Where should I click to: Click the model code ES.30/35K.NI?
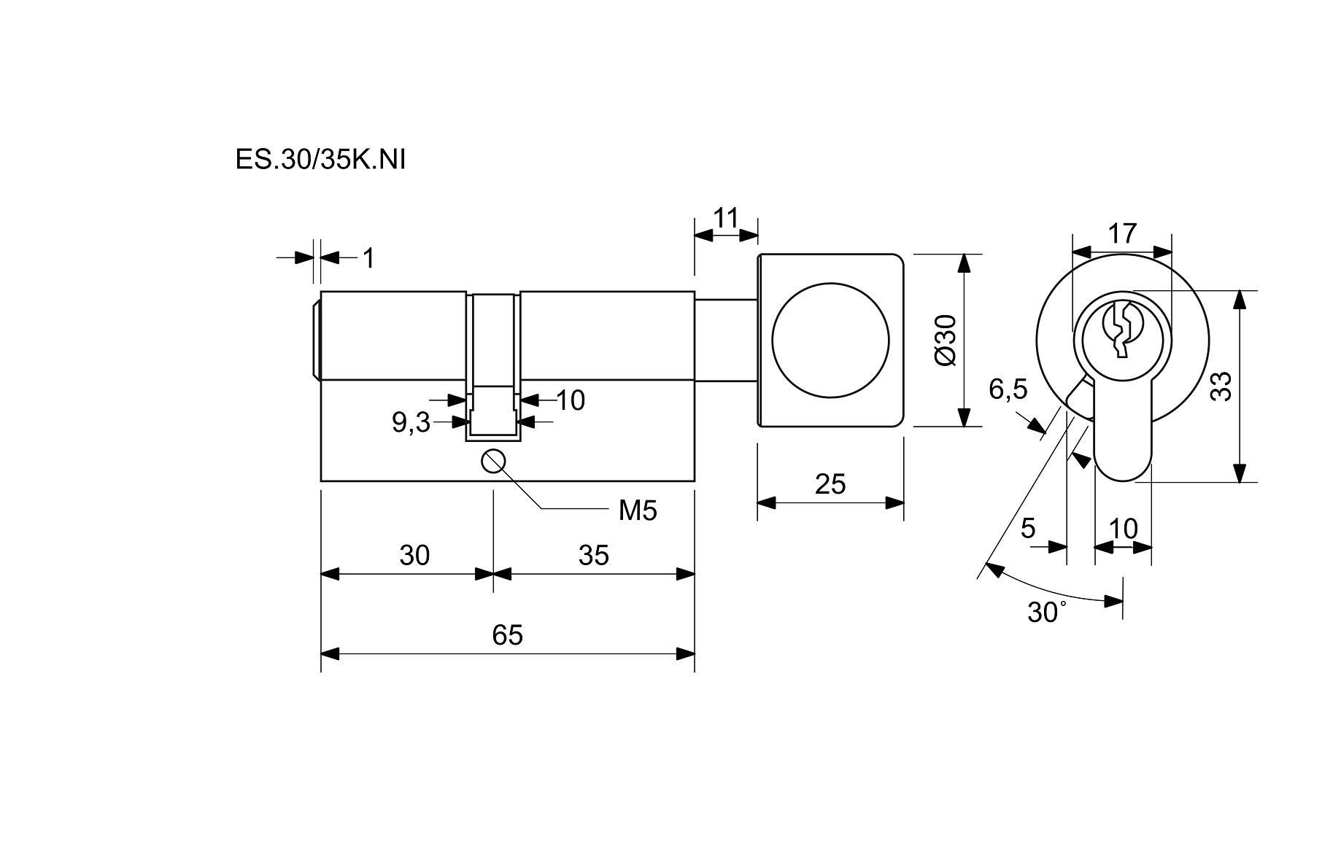[320, 160]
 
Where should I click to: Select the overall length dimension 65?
[507, 635]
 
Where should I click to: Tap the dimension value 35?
[593, 556]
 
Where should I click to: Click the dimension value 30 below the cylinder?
[414, 556]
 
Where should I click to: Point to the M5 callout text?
[637, 511]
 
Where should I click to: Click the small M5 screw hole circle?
[494, 462]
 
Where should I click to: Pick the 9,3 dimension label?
[411, 422]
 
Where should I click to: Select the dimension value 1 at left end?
[368, 257]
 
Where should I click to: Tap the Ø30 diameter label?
[945, 341]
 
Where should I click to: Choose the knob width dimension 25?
[830, 484]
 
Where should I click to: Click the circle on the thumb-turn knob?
[830, 341]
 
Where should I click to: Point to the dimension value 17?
[1122, 234]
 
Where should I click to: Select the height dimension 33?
[1221, 387]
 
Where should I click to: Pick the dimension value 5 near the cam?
[1028, 527]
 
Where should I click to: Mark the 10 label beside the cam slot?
[571, 400]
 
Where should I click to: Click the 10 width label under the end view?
[1124, 529]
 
